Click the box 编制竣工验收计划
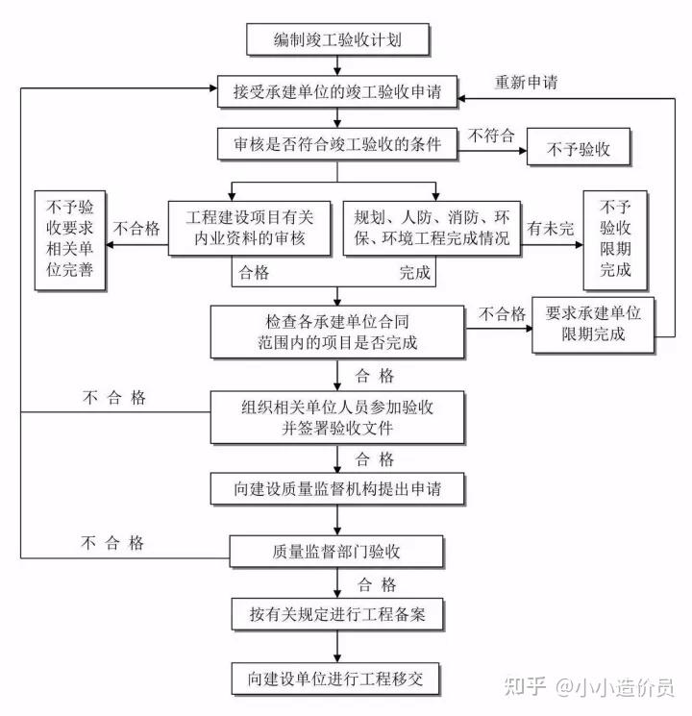[337, 39]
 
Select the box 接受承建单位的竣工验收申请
[337, 94]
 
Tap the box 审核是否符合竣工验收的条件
[337, 145]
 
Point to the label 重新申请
[526, 82]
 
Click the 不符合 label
[490, 136]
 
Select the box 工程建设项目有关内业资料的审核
[248, 228]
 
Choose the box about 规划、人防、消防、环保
[432, 228]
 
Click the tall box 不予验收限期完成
[616, 239]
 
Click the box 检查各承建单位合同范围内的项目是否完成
[337, 330]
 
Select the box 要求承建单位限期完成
[593, 324]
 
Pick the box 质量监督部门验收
[337, 551]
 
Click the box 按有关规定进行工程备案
[337, 613]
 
